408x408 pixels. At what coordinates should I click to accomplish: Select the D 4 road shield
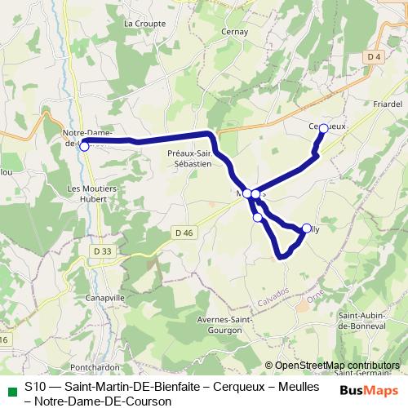tap(375, 56)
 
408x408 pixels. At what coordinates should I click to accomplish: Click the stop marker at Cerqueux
tap(323, 128)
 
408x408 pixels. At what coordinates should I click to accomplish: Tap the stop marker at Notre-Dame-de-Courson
tap(84, 147)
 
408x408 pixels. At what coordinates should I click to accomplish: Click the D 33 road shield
tap(102, 251)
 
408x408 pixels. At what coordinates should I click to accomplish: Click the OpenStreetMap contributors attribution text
tap(337, 366)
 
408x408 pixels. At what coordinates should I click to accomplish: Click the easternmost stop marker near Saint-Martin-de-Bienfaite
tap(307, 228)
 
